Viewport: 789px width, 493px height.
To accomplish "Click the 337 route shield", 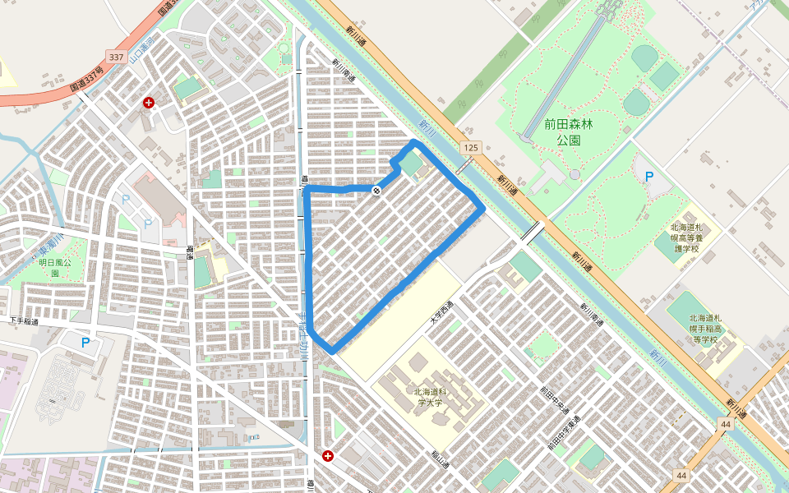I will pos(115,58).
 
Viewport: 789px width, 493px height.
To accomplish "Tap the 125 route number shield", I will pos(469,147).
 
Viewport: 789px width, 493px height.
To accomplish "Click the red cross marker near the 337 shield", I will pos(149,103).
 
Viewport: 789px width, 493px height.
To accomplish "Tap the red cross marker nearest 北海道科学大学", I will pos(328,455).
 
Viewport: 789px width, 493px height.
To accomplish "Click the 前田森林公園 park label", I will pos(568,131).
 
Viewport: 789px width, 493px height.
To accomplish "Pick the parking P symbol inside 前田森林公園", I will pos(648,176).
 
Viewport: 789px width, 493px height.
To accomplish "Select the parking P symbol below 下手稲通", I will pos(85,342).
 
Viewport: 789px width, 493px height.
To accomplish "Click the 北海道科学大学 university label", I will pos(428,397).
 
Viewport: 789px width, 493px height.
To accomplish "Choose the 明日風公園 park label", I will pos(55,267).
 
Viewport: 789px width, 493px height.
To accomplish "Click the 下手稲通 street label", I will pos(25,320).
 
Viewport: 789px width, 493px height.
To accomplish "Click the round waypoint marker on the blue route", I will pos(376,191).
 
